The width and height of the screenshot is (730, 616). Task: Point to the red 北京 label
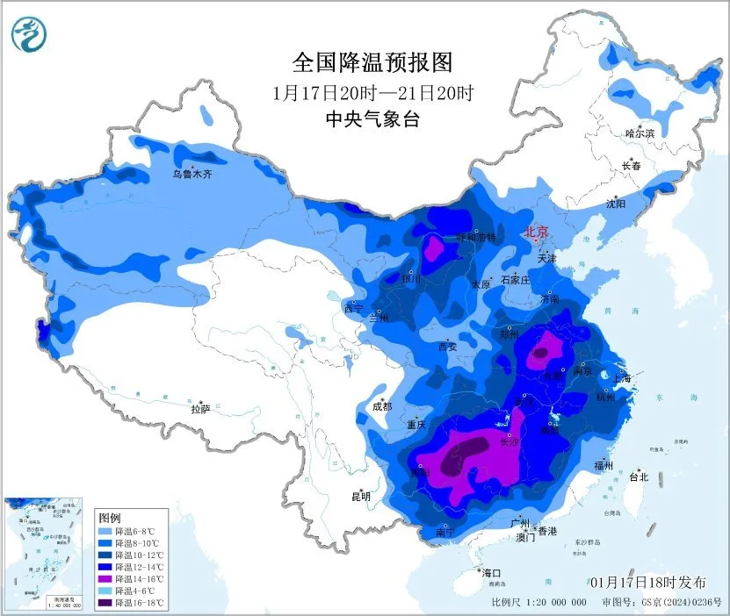pos(536,233)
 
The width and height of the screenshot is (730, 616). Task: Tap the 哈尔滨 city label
pos(640,133)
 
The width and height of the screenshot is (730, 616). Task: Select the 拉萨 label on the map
pos(200,408)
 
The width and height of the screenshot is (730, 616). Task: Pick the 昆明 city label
pos(360,496)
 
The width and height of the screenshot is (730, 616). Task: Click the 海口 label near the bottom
pos(491,572)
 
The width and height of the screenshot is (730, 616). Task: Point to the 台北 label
pos(638,477)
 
